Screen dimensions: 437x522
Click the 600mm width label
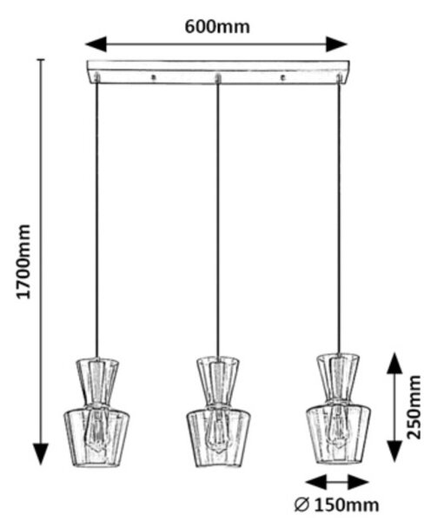(x=217, y=27)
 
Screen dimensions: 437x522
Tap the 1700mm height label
(x=23, y=262)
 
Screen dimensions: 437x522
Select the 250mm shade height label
(x=414, y=407)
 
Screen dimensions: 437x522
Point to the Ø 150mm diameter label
(x=336, y=505)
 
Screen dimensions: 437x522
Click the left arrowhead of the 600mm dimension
(x=96, y=44)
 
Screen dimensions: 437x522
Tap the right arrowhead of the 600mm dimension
(x=336, y=44)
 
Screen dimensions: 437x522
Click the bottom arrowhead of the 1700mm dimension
(x=41, y=454)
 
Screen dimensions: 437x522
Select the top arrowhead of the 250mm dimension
(x=394, y=363)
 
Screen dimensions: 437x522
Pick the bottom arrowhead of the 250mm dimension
(x=394, y=451)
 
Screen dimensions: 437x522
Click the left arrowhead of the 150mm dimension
(x=315, y=482)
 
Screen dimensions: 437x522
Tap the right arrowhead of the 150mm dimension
(x=358, y=482)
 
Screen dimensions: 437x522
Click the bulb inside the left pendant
(x=96, y=430)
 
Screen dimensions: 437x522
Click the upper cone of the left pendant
(x=97, y=382)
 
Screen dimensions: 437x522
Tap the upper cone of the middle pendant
(x=218, y=382)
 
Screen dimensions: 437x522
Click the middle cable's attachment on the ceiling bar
(x=218, y=79)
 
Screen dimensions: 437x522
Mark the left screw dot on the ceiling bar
(x=153, y=77)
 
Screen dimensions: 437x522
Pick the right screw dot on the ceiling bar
(x=283, y=77)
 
